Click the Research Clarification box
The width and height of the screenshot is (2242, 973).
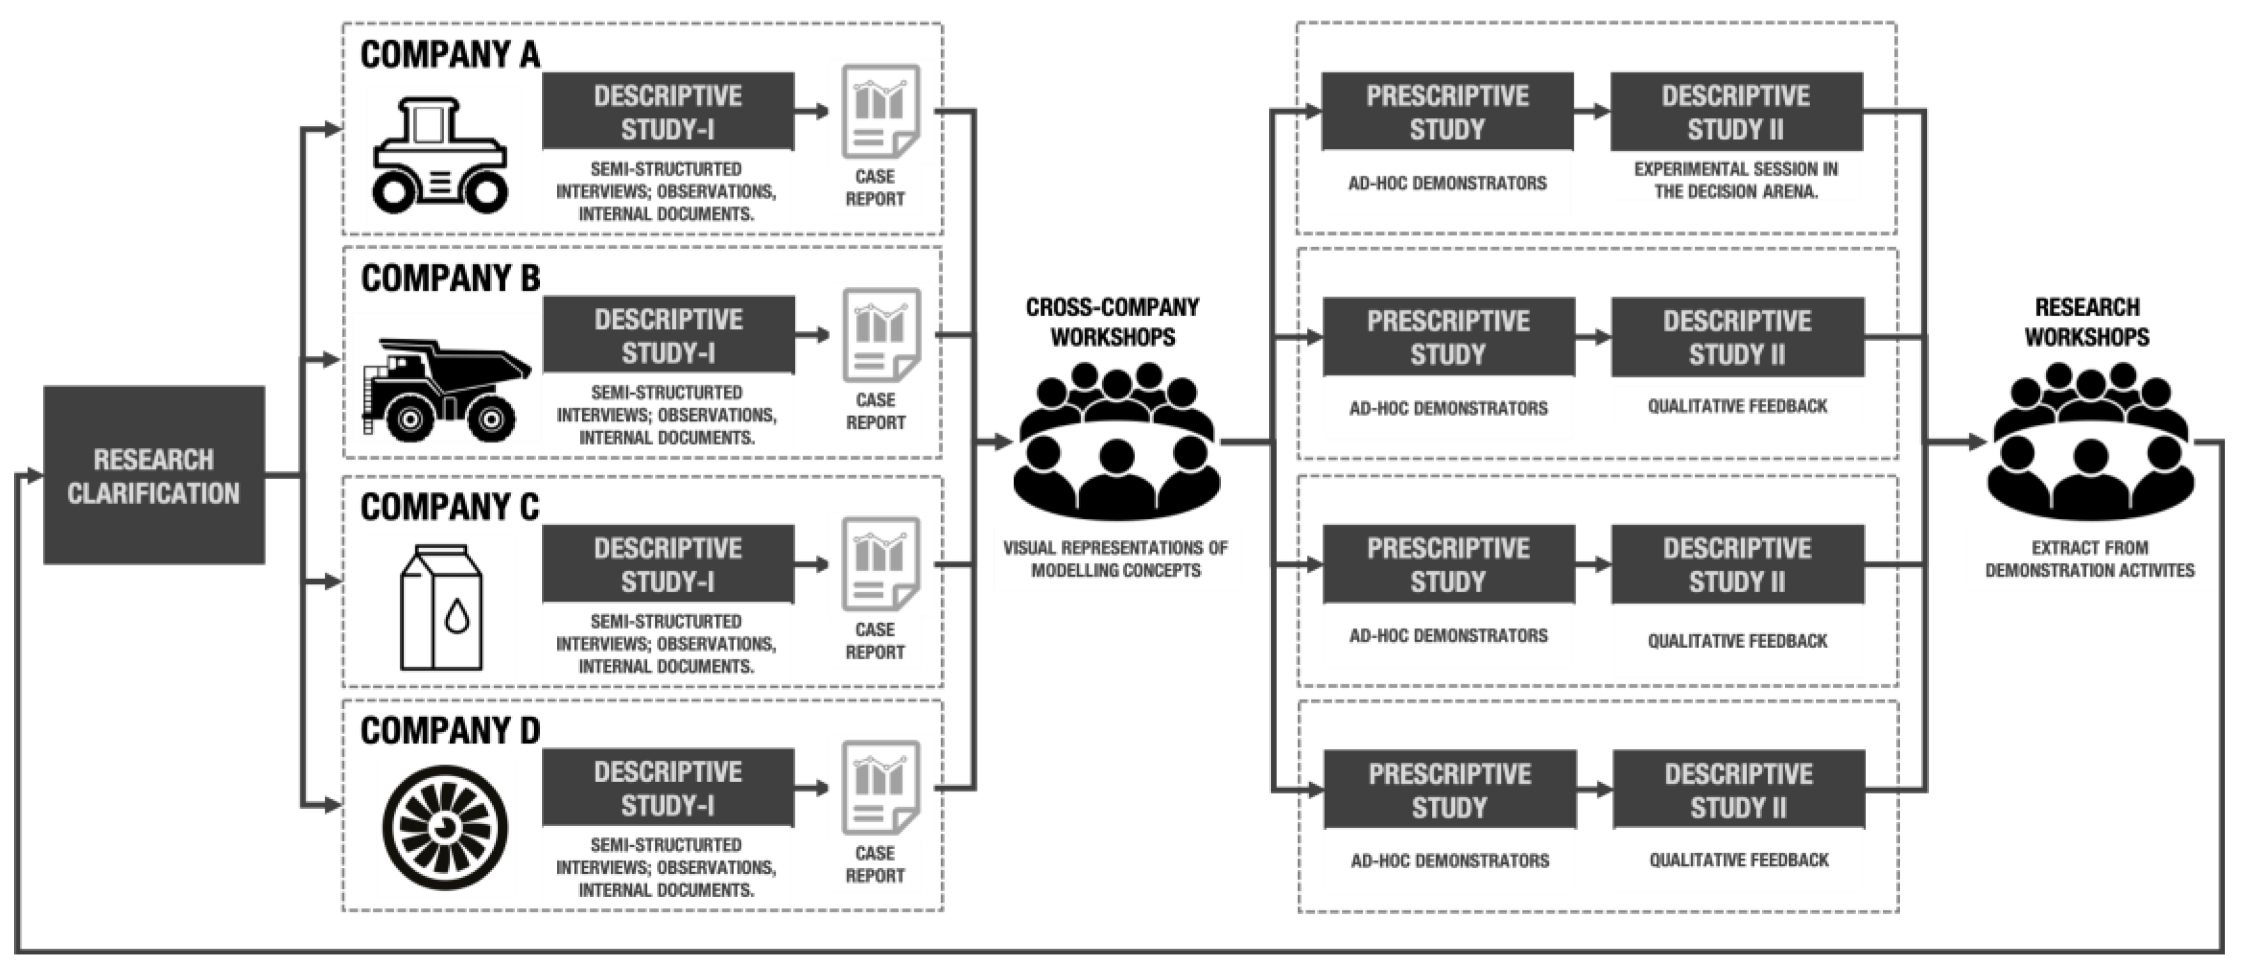[x=154, y=475]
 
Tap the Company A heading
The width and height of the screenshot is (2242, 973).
[x=449, y=55]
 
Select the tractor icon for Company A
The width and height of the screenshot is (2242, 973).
[x=440, y=155]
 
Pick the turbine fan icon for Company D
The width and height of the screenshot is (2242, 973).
[x=445, y=827]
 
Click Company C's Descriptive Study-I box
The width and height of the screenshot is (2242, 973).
[x=668, y=564]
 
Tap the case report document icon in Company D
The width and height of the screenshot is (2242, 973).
[x=880, y=788]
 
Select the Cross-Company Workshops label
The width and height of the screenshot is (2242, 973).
[x=1112, y=322]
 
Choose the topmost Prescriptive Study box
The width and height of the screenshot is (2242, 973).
[x=1447, y=111]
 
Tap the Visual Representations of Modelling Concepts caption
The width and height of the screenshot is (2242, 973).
[x=1115, y=559]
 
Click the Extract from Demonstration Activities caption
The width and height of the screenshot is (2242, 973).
[x=2090, y=559]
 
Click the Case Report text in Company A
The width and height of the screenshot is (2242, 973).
[x=875, y=187]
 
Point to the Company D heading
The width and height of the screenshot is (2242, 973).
[x=449, y=731]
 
